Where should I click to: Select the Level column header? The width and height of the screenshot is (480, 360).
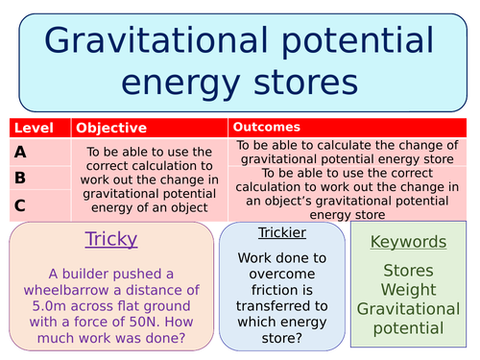(33, 128)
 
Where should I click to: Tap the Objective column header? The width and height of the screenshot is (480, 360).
(111, 128)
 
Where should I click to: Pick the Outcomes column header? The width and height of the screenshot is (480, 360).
(266, 127)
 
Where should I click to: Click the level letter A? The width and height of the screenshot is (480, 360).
(21, 151)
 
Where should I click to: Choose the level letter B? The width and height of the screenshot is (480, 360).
(21, 178)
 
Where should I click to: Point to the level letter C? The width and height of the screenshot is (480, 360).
(21, 204)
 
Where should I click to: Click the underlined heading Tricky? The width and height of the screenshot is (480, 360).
(111, 239)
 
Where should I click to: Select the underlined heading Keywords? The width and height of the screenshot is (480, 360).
(408, 242)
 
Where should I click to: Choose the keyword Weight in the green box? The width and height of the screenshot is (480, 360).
(408, 289)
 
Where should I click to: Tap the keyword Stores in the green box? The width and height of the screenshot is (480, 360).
(408, 271)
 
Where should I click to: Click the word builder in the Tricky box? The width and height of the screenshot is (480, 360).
(98, 272)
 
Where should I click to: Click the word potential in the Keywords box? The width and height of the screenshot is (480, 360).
(408, 328)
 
